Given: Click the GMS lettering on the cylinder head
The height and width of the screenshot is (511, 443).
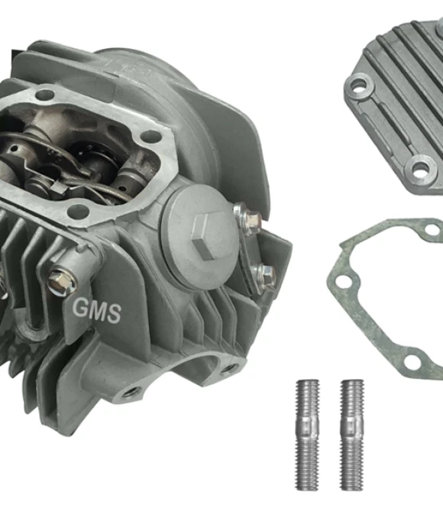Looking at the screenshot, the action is [96, 310].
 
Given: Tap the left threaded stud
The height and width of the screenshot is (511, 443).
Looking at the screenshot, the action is [307, 435].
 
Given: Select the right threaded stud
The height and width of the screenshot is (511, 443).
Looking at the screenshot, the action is [352, 435].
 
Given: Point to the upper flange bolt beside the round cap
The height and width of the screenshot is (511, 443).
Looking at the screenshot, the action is [249, 216].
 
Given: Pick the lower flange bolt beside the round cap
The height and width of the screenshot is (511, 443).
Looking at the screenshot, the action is [264, 276].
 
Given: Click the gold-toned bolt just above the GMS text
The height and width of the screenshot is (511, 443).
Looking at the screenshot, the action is [62, 281].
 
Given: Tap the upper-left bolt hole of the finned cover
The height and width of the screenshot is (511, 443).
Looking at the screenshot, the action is [359, 86].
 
